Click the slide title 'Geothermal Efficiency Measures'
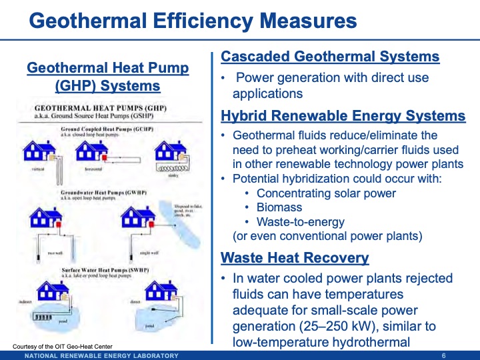coord(193,21)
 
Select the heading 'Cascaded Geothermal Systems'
coord(330,57)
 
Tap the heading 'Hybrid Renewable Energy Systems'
coord(343,117)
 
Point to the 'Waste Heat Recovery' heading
coord(294,257)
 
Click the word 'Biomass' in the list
coord(277,207)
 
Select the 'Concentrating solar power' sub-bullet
coord(326,193)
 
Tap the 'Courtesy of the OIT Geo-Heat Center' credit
coord(63,345)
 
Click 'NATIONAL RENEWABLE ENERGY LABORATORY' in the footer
coord(101,355)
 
